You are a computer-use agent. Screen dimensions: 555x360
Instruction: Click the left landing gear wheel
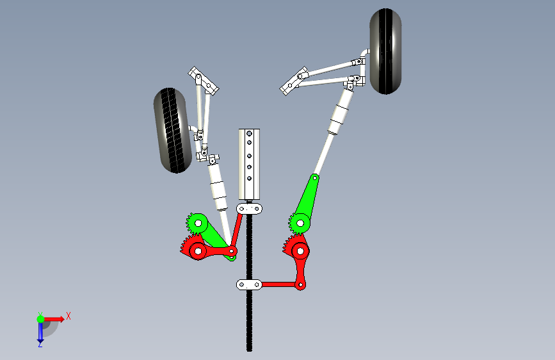[x=172, y=131]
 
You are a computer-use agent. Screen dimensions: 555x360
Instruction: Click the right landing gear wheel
[x=385, y=51]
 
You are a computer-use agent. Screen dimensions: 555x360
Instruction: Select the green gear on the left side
[x=197, y=223]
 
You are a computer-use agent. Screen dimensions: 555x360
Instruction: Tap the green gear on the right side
[x=300, y=223]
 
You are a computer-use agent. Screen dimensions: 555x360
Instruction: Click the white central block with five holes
[x=249, y=164]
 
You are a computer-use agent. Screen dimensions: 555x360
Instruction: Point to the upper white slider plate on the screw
[x=249, y=209]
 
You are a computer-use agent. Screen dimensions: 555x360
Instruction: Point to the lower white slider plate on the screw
[x=249, y=284]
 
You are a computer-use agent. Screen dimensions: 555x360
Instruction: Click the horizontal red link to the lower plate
[x=279, y=284]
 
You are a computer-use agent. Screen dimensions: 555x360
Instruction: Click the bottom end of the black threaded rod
[x=249, y=350]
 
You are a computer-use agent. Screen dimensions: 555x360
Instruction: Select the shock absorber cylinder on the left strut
[x=218, y=187]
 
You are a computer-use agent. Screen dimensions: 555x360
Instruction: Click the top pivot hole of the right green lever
[x=315, y=178]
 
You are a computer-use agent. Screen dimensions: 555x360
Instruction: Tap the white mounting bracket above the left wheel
[x=203, y=81]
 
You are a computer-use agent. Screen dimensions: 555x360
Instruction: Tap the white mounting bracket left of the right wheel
[x=294, y=81]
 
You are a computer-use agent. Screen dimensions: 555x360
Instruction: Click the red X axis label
[x=68, y=316]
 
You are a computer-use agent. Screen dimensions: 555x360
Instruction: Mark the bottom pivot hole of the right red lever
[x=300, y=284]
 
